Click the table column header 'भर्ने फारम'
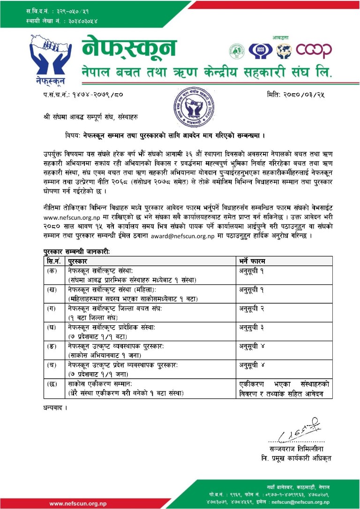[254, 261]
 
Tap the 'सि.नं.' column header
[52, 261]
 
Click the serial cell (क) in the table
[52, 270]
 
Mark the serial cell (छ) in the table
[52, 384]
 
